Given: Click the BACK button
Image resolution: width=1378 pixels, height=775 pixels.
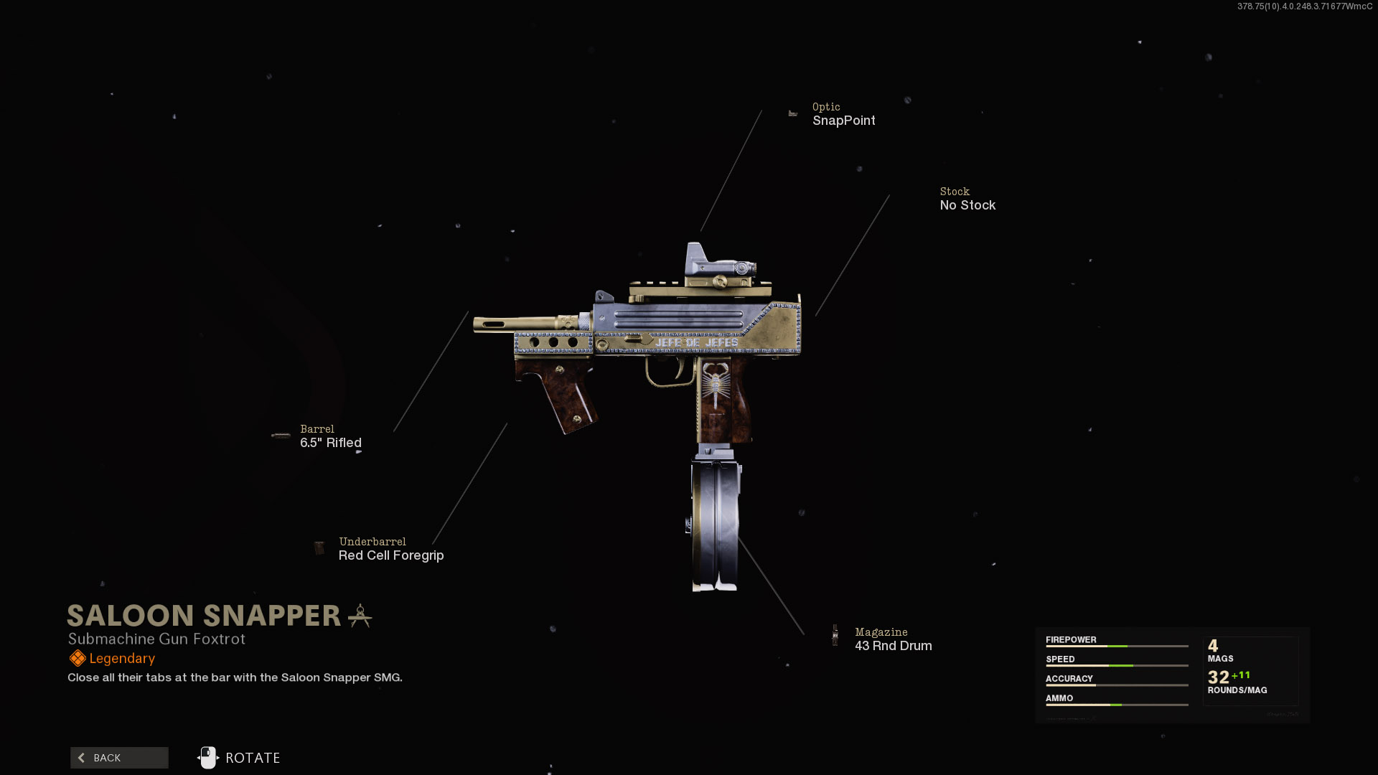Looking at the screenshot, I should click(x=119, y=758).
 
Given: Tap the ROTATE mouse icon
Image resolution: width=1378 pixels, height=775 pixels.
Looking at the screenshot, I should click(x=208, y=758).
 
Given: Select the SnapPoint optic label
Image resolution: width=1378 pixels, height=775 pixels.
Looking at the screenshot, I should click(x=843, y=121).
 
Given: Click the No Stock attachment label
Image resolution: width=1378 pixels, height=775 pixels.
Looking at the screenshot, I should click(x=967, y=205).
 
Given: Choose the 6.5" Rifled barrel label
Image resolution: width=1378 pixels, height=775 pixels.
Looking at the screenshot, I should click(x=330, y=443).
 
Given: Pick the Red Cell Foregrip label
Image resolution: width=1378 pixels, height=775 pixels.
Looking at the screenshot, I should click(x=391, y=555).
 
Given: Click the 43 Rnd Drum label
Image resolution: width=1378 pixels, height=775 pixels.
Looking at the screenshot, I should click(x=893, y=646).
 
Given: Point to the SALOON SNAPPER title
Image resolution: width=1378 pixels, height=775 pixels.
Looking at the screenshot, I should click(x=204, y=616).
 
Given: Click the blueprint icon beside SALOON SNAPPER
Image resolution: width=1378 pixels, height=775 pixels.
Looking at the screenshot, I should click(x=360, y=616).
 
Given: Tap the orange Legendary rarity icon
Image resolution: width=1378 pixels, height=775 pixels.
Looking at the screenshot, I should click(x=77, y=658).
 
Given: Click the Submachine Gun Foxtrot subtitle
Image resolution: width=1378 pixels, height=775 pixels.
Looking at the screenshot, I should click(x=156, y=639).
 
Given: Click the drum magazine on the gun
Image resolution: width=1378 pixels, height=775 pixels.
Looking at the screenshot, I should click(x=715, y=524).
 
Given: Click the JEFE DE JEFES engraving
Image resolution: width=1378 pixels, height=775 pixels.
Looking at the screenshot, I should click(x=696, y=343).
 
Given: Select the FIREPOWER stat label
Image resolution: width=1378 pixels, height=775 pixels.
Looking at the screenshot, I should click(x=1071, y=639).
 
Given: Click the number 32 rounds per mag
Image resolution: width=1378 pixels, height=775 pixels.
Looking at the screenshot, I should click(x=1218, y=677).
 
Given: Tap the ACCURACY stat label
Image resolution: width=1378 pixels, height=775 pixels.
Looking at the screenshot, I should click(x=1069, y=678).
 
